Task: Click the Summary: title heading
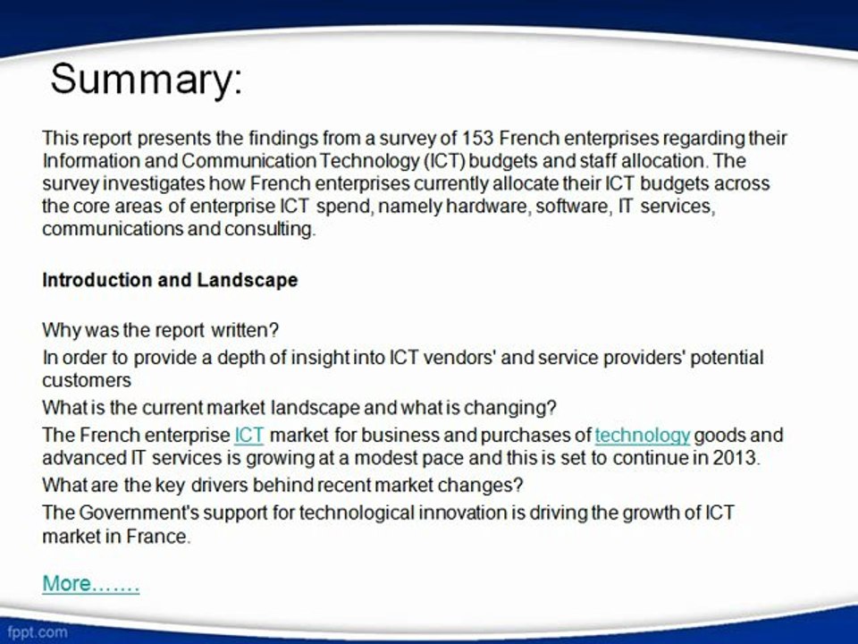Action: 146,80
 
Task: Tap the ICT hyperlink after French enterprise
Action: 248,436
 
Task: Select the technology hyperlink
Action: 642,436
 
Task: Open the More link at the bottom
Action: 90,584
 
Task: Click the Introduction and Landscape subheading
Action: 170,280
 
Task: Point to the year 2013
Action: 735,458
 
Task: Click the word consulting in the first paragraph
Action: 272,229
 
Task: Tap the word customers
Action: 87,380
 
